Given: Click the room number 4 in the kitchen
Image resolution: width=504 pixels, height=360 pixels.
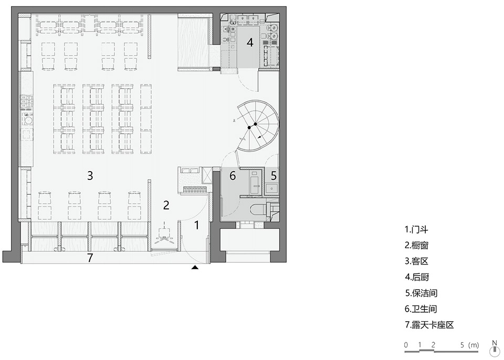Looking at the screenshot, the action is click(250, 43).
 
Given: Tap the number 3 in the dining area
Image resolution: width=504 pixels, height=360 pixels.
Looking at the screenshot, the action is click(90, 175).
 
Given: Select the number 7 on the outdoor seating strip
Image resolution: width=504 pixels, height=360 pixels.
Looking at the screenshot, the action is click(90, 258).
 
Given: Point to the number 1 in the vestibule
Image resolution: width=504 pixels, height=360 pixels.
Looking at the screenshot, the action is click(197, 225).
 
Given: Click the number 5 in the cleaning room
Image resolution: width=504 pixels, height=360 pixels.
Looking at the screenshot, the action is click(274, 175).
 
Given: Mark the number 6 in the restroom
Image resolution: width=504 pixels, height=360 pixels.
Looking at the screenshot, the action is click(233, 175).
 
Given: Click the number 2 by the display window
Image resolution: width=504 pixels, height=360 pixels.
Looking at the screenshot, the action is click(166, 205).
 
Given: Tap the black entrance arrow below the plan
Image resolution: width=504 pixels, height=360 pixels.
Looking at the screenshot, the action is click(195, 267).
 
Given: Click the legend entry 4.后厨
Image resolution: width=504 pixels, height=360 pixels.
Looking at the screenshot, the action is click(416, 277).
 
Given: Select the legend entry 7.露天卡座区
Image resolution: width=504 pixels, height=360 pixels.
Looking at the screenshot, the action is click(429, 325).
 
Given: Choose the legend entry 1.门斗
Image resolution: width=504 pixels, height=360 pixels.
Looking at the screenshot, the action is click(416, 229).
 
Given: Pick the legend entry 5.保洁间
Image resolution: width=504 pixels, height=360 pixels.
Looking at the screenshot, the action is click(421, 293).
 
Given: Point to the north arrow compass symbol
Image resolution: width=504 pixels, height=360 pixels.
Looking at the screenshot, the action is click(495, 348).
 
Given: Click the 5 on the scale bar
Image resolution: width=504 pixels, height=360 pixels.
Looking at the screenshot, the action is click(462, 345).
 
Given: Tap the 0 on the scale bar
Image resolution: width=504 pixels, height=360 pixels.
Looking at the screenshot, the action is click(406, 345).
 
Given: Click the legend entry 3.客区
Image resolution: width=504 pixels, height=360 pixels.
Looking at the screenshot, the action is click(416, 261).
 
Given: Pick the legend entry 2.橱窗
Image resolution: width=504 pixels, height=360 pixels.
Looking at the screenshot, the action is click(416, 245).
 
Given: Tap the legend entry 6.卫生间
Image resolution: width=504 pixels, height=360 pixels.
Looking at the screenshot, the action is click(421, 309).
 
